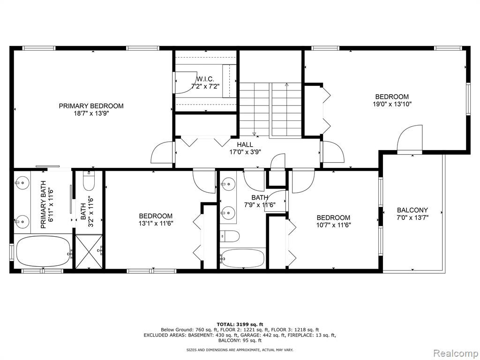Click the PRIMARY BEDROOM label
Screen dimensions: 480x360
pyautogui.click(x=91, y=106)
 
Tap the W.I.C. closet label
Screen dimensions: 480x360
pyautogui.click(x=205, y=79)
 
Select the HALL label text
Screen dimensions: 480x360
pyautogui.click(x=245, y=144)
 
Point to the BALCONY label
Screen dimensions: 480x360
pyautogui.click(x=412, y=210)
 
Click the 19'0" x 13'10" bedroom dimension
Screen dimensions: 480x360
pyautogui.click(x=392, y=104)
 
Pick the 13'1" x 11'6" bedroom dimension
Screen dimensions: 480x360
pyautogui.click(x=156, y=224)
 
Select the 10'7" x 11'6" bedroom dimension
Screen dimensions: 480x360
pyautogui.click(x=333, y=225)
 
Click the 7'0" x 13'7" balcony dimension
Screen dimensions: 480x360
pyautogui.click(x=412, y=217)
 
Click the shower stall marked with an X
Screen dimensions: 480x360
pyautogui.click(x=89, y=252)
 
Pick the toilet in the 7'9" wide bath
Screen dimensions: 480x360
pyautogui.click(x=230, y=236)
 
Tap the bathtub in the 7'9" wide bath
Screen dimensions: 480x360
pyautogui.click(x=242, y=258)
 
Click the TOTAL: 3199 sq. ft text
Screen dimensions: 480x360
pyautogui.click(x=240, y=324)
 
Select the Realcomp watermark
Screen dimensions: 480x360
pyautogui.click(x=456, y=353)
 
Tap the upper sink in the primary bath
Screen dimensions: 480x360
pyautogui.click(x=22, y=183)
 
